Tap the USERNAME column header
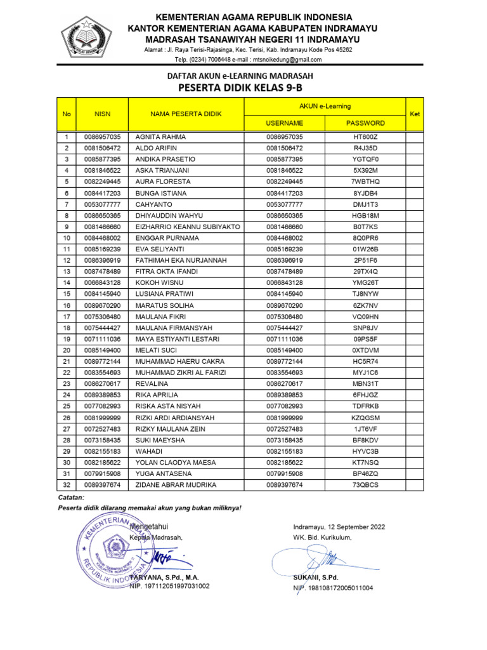coord(285,123)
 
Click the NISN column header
coord(102,114)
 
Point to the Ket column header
coord(415,114)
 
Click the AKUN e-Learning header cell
coord(325,106)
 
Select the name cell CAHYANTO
coord(153,204)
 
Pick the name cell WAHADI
coord(150,451)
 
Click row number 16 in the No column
coord(66,305)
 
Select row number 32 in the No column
coord(66,485)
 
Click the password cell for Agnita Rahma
coord(365,137)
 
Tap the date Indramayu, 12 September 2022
coord(339,527)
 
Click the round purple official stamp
coord(112,552)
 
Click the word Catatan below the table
coord(71,498)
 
